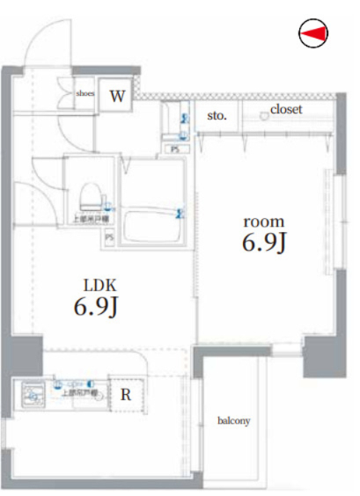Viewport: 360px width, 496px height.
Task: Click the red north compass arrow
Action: tap(315, 33)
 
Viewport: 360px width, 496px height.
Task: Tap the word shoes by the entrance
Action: tap(85, 92)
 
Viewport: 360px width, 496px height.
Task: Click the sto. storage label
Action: tap(217, 115)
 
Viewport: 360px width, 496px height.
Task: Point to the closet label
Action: tap(286, 110)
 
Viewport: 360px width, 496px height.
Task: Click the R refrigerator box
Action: tap(126, 394)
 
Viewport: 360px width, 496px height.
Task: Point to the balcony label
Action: tap(234, 421)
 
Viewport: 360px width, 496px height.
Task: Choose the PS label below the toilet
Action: tap(110, 237)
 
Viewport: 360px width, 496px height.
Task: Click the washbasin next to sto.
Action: tap(173, 124)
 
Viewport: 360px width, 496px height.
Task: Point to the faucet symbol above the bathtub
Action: tap(180, 213)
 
